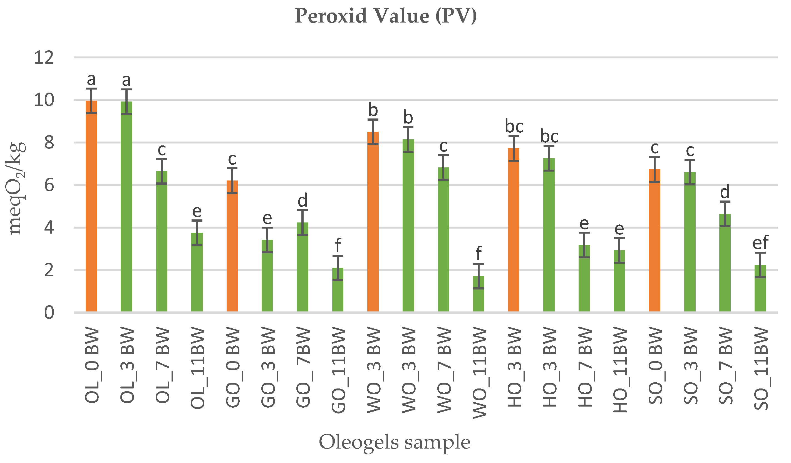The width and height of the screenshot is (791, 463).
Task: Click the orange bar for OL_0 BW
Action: tap(91, 207)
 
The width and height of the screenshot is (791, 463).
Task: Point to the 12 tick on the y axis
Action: tap(44, 58)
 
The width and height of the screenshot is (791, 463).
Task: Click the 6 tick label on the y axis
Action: tap(49, 185)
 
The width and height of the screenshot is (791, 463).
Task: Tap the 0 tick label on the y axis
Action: tap(49, 313)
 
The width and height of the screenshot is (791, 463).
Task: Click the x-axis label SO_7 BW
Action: tap(725, 366)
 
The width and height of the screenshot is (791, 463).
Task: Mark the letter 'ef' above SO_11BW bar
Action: tap(760, 242)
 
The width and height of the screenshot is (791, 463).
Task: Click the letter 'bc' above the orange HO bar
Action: tap(514, 126)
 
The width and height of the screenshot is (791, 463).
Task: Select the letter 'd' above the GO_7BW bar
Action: tap(302, 200)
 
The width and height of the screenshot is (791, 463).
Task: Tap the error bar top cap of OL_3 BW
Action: tap(126, 90)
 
